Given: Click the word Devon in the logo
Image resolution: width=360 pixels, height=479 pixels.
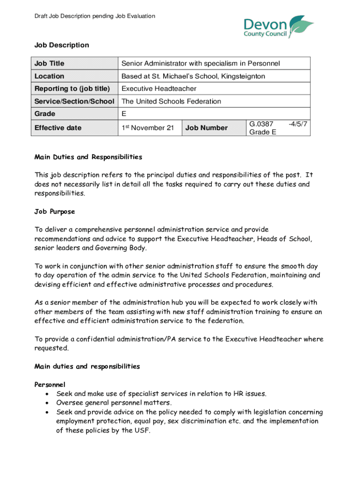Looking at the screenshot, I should point(266,23).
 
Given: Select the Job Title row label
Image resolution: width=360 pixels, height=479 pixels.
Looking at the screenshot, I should point(49,64).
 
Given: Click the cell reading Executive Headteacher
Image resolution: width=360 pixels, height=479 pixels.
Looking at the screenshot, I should point(159,89).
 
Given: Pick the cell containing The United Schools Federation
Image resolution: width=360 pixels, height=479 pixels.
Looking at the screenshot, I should point(171,102).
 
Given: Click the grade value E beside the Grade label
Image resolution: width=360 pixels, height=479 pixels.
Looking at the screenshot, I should point(124,114).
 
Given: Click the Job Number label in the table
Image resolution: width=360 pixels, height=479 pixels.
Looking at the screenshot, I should point(207,128).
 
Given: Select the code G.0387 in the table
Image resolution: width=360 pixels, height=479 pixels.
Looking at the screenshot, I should point(261,124).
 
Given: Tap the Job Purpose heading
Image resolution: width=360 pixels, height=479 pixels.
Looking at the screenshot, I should point(55,211).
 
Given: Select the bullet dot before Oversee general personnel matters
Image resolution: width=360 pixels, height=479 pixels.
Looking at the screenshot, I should point(48,403).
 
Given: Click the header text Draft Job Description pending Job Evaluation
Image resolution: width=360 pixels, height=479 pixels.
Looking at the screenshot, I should point(94,16).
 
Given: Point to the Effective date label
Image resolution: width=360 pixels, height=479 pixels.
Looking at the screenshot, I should point(58,128).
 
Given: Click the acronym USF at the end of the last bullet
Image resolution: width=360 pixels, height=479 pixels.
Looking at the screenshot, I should point(143,431).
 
